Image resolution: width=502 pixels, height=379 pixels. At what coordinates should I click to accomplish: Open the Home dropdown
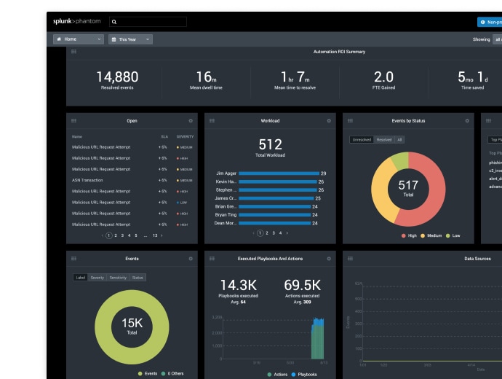click(x=78, y=39)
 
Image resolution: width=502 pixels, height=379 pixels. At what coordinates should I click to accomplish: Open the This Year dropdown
click(x=130, y=39)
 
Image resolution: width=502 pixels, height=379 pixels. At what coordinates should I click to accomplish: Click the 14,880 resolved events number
click(x=117, y=77)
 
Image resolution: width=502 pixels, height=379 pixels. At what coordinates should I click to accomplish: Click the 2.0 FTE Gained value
click(x=383, y=77)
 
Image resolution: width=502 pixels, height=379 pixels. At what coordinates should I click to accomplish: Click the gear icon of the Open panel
click(x=191, y=121)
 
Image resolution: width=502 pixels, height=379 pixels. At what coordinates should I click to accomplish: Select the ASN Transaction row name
click(x=87, y=180)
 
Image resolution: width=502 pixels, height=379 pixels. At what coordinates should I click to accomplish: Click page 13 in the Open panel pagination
click(x=155, y=235)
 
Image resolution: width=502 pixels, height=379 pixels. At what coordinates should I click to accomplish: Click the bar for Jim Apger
click(x=279, y=173)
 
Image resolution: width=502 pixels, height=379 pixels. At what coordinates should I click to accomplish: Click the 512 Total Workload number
click(x=270, y=144)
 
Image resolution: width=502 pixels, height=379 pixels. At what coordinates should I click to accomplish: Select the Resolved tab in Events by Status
click(x=383, y=140)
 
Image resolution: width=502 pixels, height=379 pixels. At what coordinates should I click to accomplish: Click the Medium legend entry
click(x=431, y=235)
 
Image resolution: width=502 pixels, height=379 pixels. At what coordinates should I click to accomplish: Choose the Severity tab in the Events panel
click(x=97, y=278)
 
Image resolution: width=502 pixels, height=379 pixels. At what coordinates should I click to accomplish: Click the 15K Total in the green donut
click(x=132, y=324)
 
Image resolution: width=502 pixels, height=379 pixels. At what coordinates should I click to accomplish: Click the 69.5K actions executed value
click(x=302, y=285)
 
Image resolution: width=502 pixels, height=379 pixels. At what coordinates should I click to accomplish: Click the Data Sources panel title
click(x=477, y=259)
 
